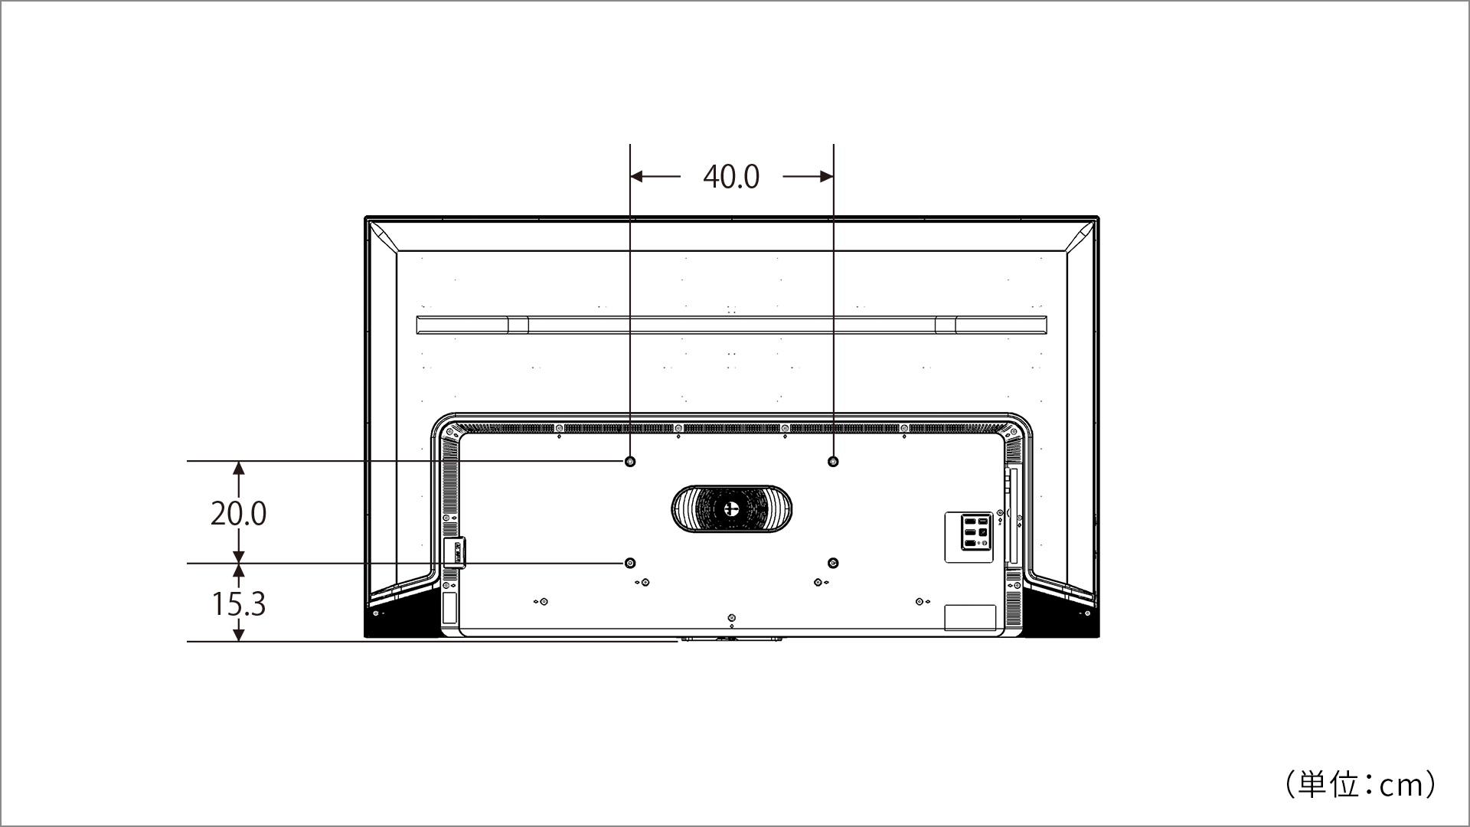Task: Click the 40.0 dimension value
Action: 731,177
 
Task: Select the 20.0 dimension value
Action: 238,513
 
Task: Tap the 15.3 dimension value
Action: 238,603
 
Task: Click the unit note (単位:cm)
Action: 1361,785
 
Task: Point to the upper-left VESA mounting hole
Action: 630,462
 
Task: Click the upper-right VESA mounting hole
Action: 834,462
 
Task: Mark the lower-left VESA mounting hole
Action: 630,564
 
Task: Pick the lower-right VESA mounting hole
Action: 834,564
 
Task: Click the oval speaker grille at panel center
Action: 731,508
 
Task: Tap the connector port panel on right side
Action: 969,537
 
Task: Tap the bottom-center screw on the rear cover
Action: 732,618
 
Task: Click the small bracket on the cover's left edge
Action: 454,552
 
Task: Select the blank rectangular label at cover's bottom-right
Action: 970,618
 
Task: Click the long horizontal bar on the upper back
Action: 731,325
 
